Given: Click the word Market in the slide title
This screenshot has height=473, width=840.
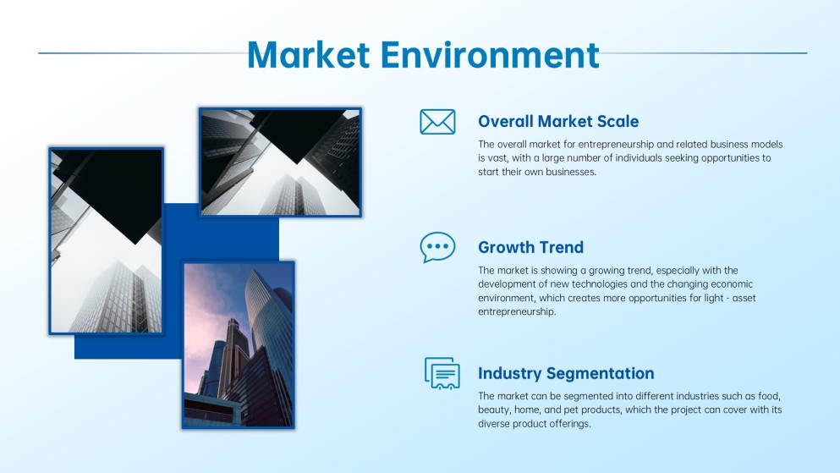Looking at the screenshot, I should coord(308,54).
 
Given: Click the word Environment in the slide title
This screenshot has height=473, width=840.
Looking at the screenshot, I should coord(490,54).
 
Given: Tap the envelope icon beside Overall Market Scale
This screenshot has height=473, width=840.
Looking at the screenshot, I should coord(437,122).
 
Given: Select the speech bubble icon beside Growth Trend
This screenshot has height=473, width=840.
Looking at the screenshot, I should coord(437,247).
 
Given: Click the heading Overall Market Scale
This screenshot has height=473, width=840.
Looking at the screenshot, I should coord(558,122).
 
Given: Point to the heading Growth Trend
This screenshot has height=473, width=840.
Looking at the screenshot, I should coord(530,247).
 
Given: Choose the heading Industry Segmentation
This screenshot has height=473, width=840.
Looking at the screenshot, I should coord(566,373).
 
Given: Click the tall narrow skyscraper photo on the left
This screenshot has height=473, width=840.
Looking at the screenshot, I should coord(106,241).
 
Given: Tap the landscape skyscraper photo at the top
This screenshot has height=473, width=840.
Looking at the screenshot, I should coord(280,161).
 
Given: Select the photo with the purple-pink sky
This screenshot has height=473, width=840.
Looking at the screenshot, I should coord(238,344).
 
